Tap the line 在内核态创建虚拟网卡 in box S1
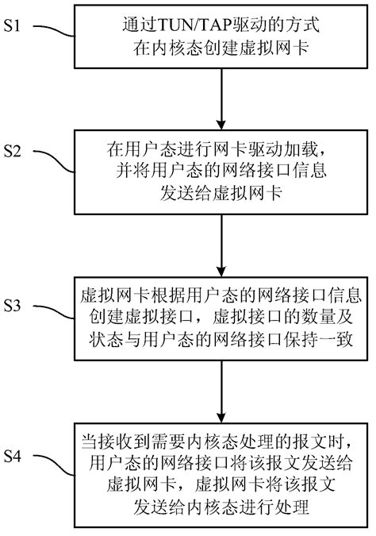(x=221, y=48)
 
